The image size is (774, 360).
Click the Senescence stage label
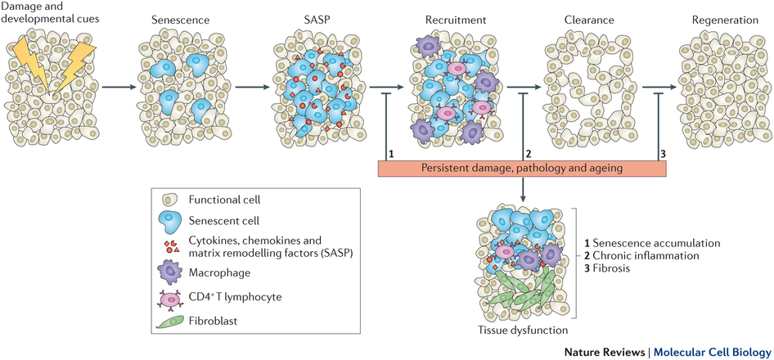click(x=175, y=18)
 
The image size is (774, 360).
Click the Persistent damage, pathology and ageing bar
click(x=522, y=168)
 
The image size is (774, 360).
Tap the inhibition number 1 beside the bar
click(x=392, y=153)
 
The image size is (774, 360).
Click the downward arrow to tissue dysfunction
click(x=522, y=192)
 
